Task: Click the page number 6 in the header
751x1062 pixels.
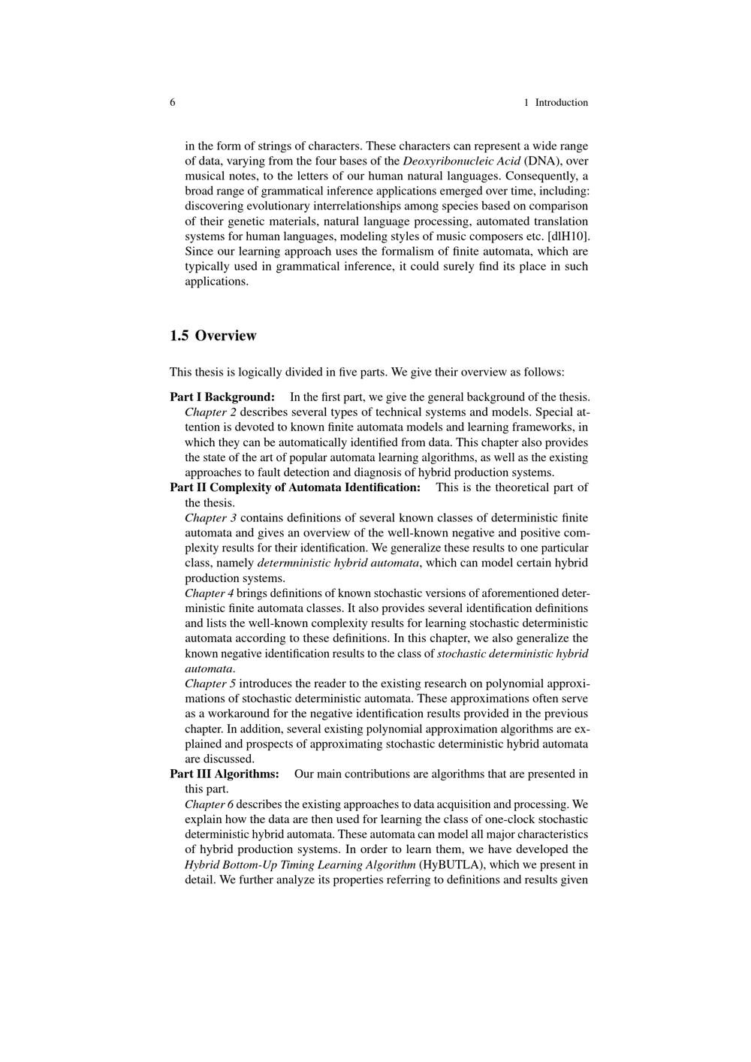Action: tap(173, 102)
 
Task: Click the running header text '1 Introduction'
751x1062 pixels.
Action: tap(556, 102)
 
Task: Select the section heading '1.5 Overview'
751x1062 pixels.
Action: tap(213, 336)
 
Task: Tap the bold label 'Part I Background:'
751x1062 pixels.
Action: tap(222, 397)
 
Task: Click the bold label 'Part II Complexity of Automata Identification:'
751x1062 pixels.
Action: tap(295, 487)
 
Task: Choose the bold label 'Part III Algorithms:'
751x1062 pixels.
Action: tap(225, 774)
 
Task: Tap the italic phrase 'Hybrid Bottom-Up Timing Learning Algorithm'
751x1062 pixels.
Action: tap(300, 864)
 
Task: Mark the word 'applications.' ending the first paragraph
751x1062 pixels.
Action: tap(217, 282)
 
